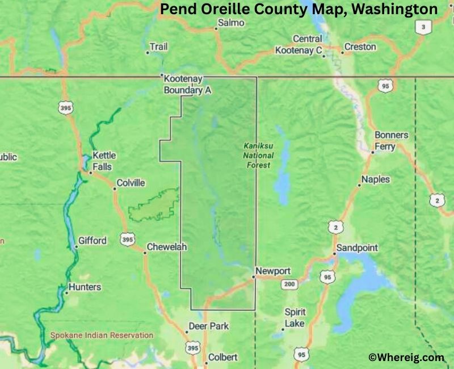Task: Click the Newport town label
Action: (273, 271)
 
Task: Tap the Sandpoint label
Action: (357, 248)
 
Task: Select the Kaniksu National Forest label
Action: (258, 155)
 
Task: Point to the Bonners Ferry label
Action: (391, 140)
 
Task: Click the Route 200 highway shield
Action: (290, 284)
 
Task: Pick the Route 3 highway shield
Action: (421, 27)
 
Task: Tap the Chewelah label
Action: (166, 247)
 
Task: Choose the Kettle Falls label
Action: (103, 161)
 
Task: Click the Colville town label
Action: (131, 183)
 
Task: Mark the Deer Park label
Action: (209, 326)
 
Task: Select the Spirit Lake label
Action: (295, 318)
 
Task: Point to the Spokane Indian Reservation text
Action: (102, 336)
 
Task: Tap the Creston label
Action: (360, 47)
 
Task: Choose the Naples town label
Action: (376, 179)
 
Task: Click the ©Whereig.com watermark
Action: (406, 357)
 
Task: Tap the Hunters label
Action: (85, 287)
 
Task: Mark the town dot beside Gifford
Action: (76, 247)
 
